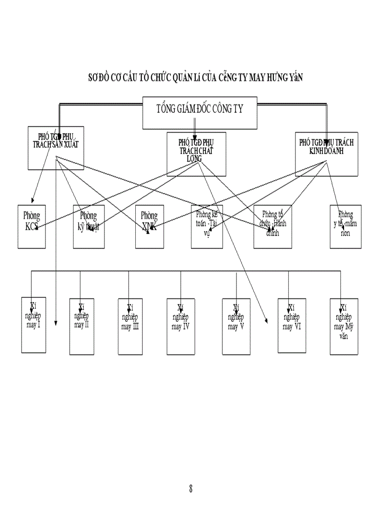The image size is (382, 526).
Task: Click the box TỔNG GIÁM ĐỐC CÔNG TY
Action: click(x=200, y=113)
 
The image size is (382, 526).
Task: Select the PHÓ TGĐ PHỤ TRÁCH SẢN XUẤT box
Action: click(x=56, y=148)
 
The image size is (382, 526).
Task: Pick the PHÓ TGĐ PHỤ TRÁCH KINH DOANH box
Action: click(x=326, y=154)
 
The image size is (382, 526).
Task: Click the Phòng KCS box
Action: click(x=32, y=227)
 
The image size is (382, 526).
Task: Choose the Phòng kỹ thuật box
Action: click(x=88, y=227)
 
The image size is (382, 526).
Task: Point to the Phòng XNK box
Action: click(x=149, y=227)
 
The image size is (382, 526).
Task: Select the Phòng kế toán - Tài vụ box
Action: click(x=207, y=227)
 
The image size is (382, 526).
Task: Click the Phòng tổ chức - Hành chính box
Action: click(x=272, y=227)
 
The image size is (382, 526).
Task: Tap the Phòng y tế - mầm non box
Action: click(x=346, y=227)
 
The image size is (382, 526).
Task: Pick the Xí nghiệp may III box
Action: click(x=130, y=326)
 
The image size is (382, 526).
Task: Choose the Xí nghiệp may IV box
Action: click(x=180, y=326)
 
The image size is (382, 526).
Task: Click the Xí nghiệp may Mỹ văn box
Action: click(x=344, y=326)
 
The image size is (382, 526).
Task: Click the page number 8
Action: click(x=191, y=489)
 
